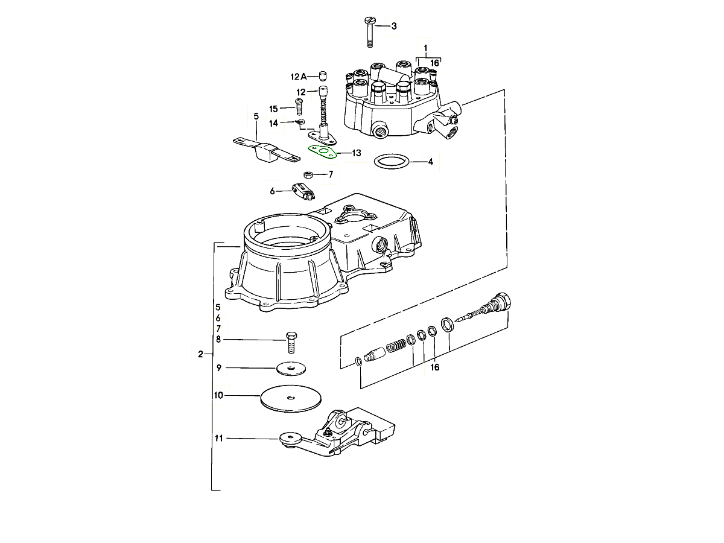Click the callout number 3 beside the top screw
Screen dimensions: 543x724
(394, 26)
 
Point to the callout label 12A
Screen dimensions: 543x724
(299, 77)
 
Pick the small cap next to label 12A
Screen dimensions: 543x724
(322, 76)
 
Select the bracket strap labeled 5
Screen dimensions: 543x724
(265, 150)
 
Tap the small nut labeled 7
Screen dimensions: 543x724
(307, 175)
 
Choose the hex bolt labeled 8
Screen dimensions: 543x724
(291, 342)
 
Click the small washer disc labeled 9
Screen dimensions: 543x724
(291, 367)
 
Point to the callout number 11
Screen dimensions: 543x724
(218, 438)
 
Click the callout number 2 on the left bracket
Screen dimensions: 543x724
(200, 354)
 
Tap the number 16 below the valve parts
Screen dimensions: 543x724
(434, 367)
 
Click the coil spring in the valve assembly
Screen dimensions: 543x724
(396, 347)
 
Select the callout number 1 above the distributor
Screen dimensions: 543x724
(425, 47)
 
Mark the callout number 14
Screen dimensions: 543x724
(273, 123)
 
